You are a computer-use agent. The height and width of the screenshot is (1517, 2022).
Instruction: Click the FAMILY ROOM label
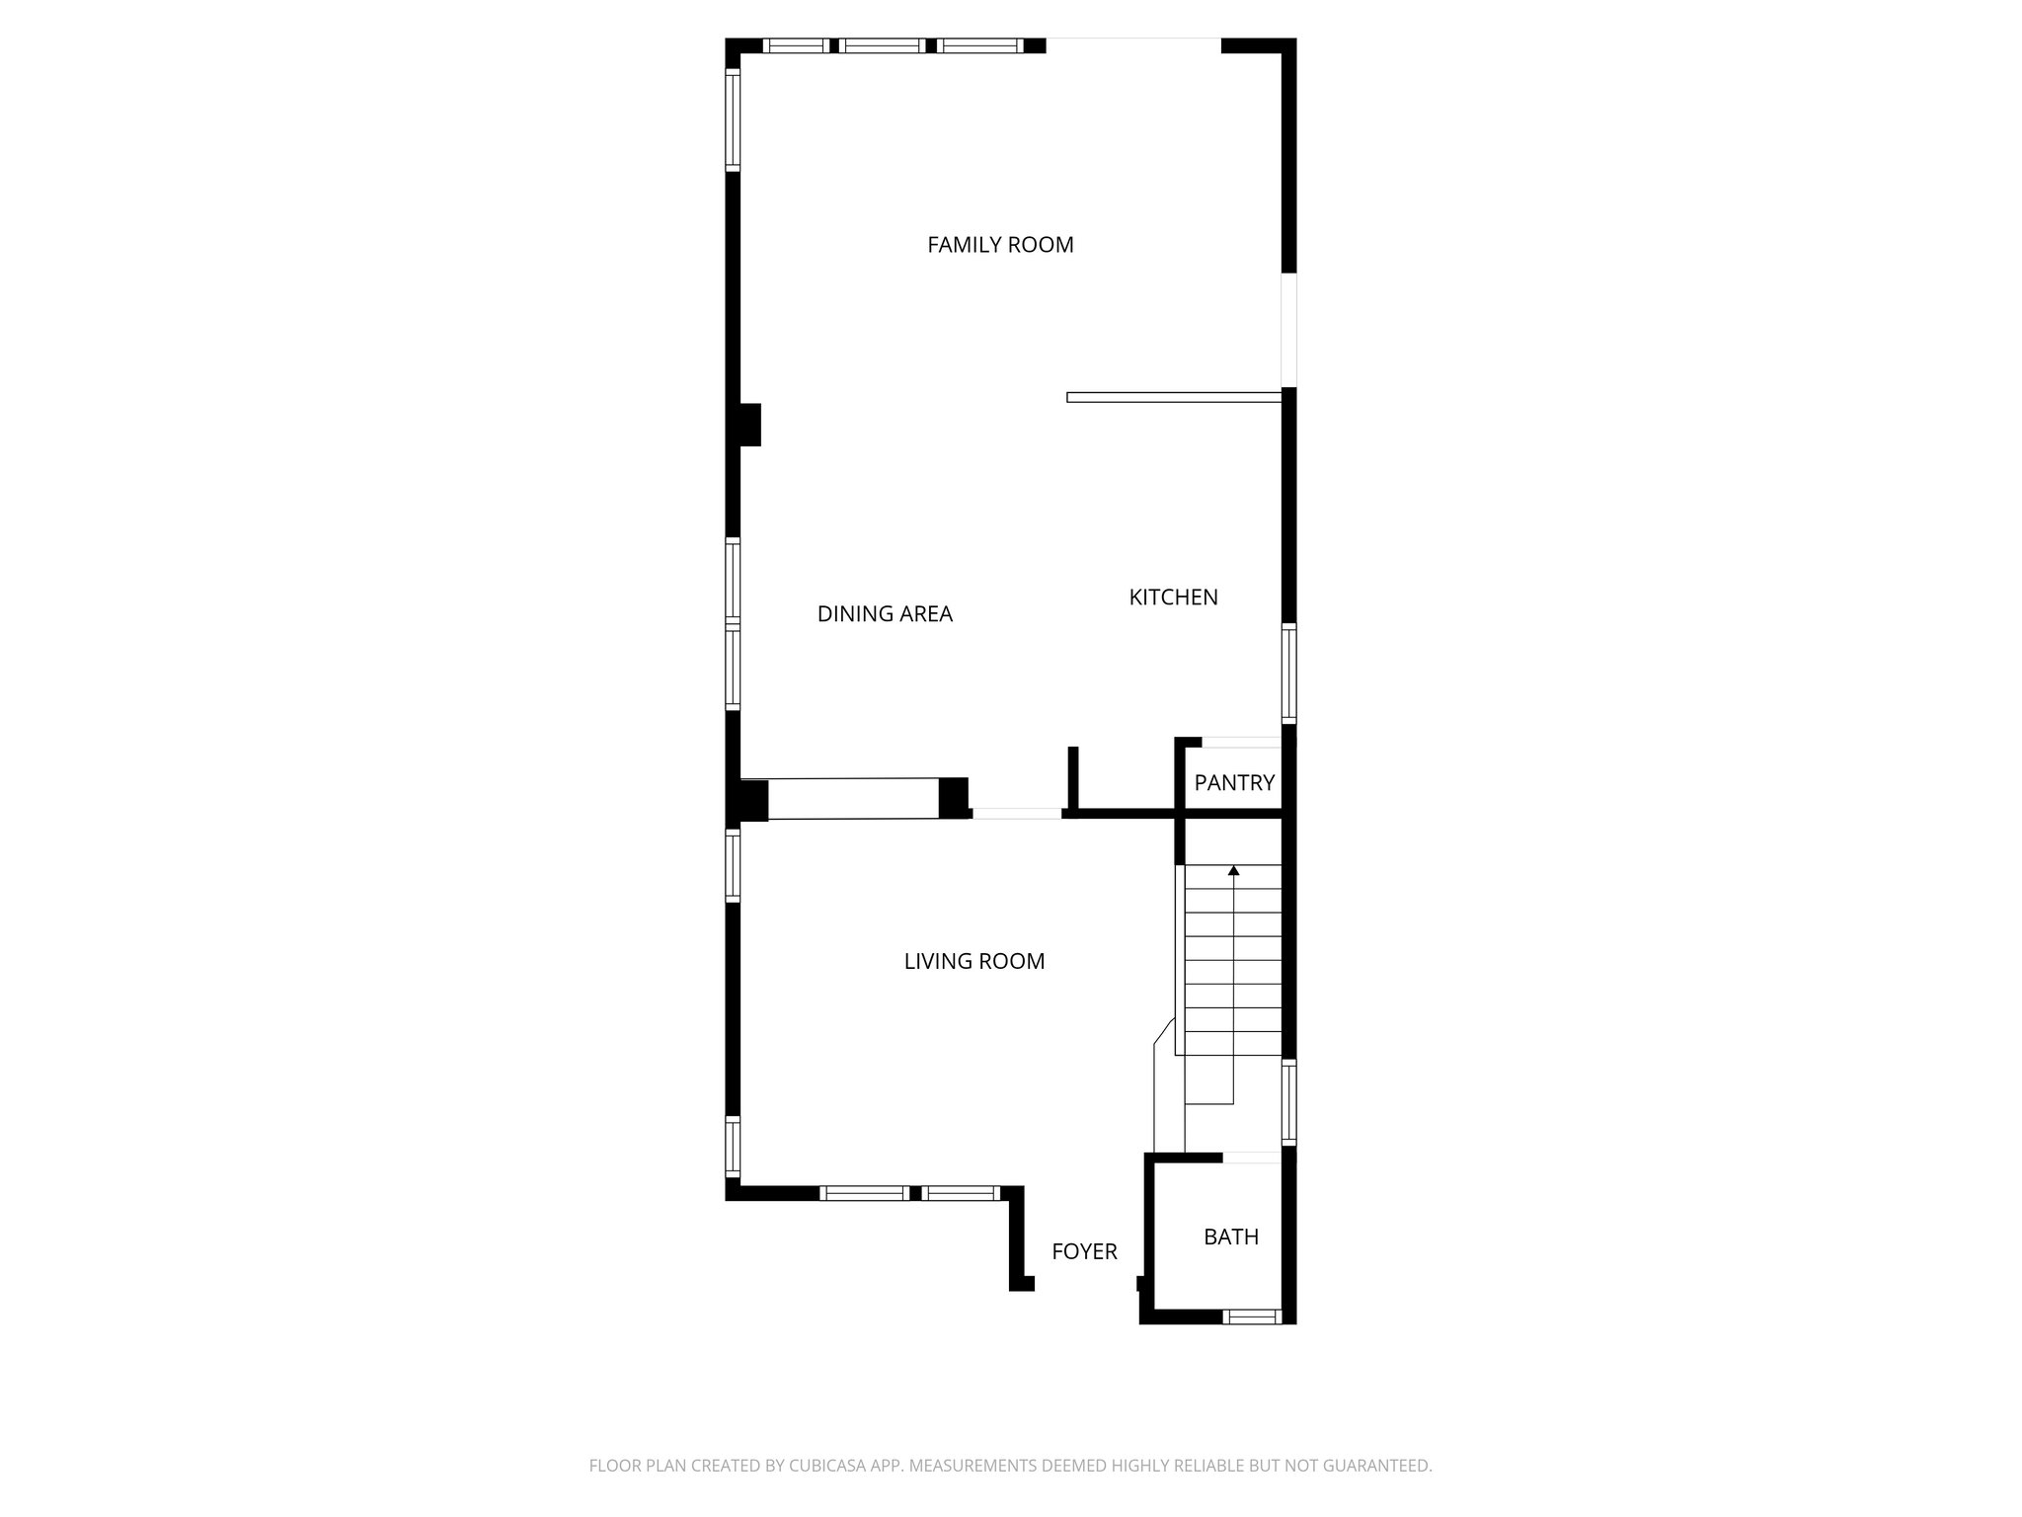1000,245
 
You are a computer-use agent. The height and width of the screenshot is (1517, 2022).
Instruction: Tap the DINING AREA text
885,614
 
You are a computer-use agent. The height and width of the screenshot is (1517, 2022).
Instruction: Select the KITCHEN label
1173,598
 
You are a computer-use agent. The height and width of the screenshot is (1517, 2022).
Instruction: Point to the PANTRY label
1234,783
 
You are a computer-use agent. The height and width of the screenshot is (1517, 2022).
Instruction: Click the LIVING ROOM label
973,962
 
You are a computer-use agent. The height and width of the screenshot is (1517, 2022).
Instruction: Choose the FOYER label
1084,1252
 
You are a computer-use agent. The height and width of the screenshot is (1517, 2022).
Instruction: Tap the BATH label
1230,1237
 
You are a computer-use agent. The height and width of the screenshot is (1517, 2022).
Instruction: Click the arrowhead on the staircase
1233,870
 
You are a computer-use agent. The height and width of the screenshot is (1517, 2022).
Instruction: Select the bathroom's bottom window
1252,1316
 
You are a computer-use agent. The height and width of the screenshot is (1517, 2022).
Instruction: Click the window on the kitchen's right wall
1288,673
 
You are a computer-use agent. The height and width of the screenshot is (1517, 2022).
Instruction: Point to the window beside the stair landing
1288,1101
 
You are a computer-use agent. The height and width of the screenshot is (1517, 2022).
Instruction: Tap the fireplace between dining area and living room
853,799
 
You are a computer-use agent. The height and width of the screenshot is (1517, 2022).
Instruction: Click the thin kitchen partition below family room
1174,397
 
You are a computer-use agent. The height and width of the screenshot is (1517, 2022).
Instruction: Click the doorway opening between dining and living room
1016,814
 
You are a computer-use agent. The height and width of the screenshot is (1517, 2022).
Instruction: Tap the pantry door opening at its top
1241,743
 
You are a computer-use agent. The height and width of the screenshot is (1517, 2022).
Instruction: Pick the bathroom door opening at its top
1252,1158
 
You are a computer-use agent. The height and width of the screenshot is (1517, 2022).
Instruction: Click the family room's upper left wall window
733,120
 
